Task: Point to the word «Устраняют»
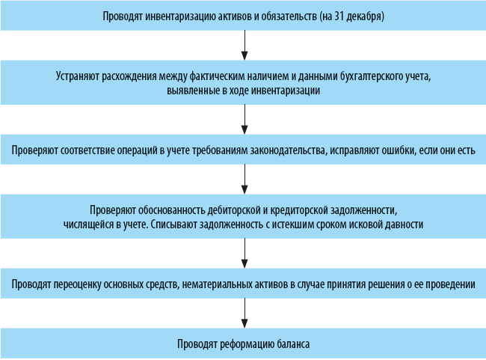click(x=79, y=76)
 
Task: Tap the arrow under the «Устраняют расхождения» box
click(x=244, y=118)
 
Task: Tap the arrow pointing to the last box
click(x=244, y=312)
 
